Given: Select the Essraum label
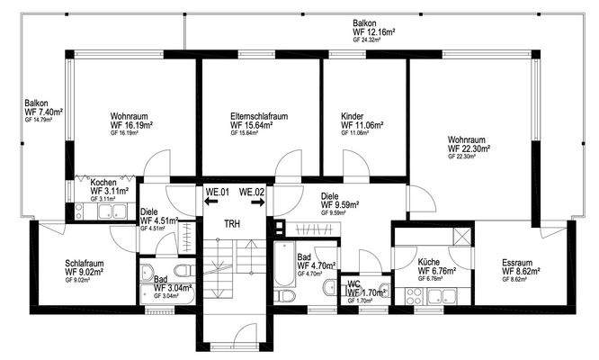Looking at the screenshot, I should [518, 263].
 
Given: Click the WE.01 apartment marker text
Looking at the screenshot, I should [219, 192].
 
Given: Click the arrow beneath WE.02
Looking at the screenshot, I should [257, 203].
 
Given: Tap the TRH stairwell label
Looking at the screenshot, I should [233, 223].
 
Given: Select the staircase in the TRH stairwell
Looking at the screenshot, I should [233, 270].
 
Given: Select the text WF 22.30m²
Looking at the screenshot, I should [469, 148].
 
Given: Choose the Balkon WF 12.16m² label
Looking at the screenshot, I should [376, 31].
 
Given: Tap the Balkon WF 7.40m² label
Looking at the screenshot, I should [43, 112].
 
